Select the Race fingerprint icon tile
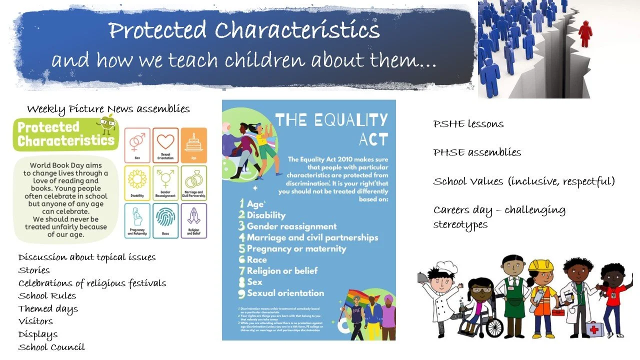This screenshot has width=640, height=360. (x=165, y=220)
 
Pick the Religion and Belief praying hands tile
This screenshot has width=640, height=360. (x=194, y=220)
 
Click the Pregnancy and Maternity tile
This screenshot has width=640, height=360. (x=137, y=220)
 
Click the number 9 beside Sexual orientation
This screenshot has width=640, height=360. (x=241, y=293)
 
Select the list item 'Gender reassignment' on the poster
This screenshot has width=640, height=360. (x=291, y=226)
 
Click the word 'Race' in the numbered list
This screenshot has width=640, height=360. (x=257, y=260)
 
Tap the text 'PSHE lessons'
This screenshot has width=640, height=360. (x=468, y=124)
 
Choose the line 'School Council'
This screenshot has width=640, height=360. (x=51, y=347)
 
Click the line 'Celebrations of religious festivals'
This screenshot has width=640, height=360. (x=92, y=283)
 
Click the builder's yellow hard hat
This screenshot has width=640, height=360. (x=541, y=265)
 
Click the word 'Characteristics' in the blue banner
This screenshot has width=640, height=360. (x=297, y=31)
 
